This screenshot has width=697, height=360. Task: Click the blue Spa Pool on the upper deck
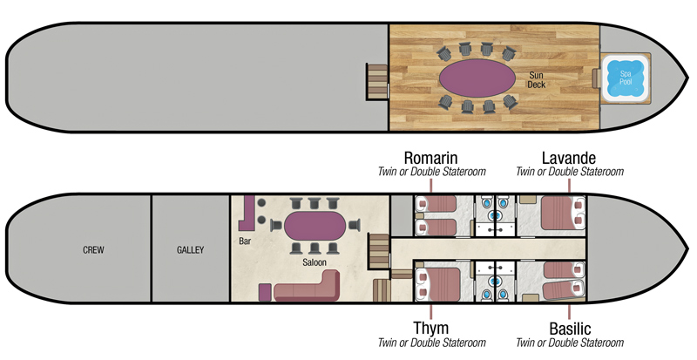pyautogui.click(x=626, y=77)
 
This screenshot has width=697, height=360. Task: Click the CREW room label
pyautogui.click(x=93, y=250)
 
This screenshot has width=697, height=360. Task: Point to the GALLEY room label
pyautogui.click(x=189, y=250)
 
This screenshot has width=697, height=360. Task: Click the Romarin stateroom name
pyautogui.click(x=431, y=158)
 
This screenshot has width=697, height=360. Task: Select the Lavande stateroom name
pyautogui.click(x=569, y=158)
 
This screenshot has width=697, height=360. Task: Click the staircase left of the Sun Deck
pyautogui.click(x=376, y=81)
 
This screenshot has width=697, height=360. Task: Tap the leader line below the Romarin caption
pyautogui.click(x=431, y=187)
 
